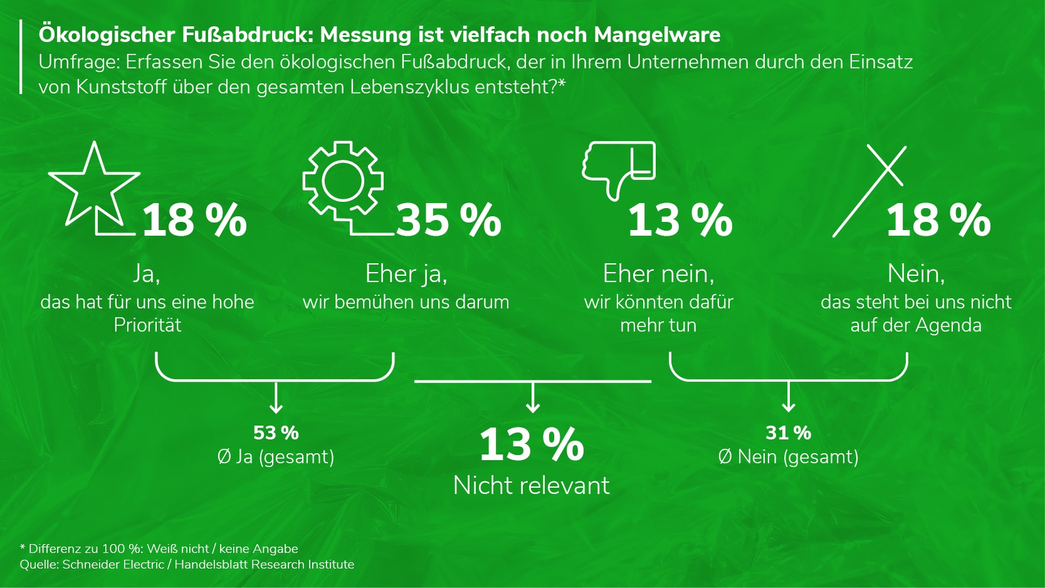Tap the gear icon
[342, 181]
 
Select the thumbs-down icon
[617, 168]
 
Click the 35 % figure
[448, 221]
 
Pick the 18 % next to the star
[194, 221]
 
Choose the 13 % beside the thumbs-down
[680, 221]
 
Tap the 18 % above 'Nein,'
[938, 221]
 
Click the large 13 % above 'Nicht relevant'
[532, 444]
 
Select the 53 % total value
[276, 433]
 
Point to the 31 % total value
[788, 433]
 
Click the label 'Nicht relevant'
[531, 485]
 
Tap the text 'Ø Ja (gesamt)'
[276, 456]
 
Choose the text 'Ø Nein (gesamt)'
[788, 456]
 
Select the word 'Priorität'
[147, 325]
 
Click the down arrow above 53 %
[276, 399]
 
